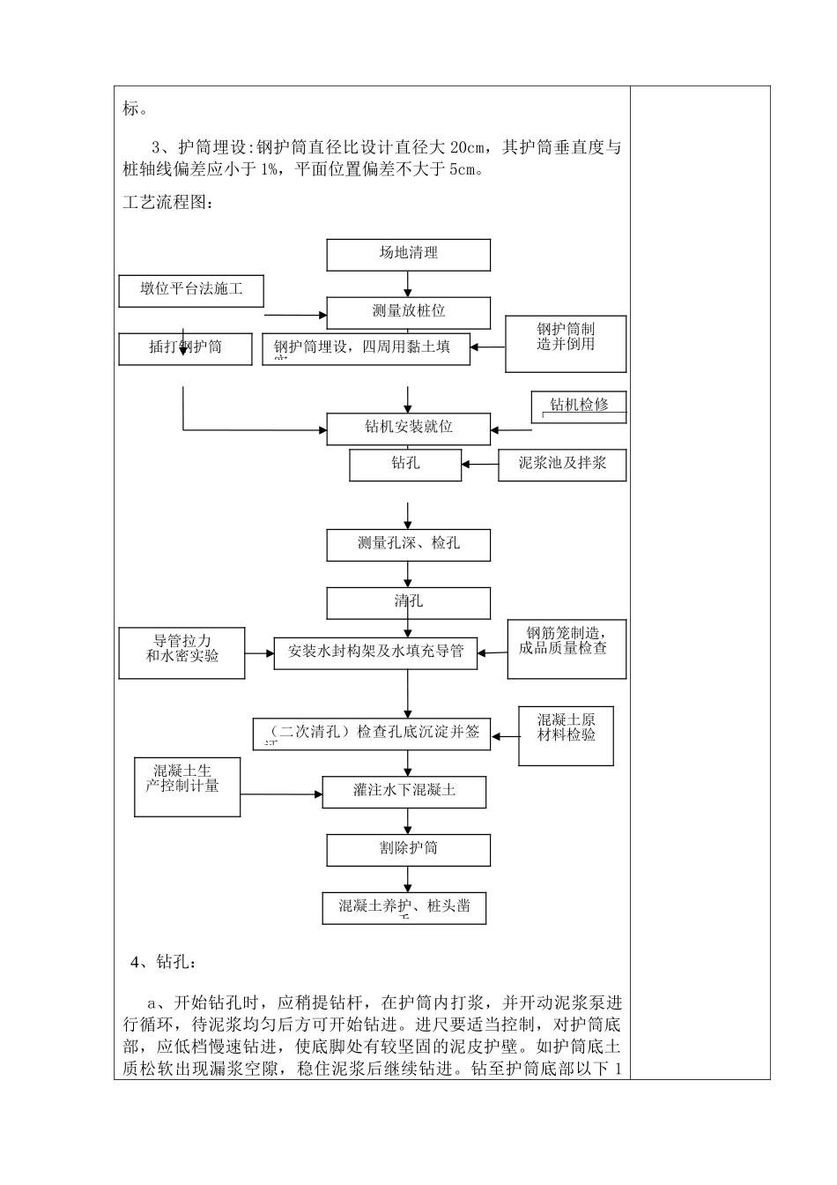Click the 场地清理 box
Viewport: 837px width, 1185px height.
[x=408, y=254]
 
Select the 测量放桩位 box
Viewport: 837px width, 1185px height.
[x=408, y=312]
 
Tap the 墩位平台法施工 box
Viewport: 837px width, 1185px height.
[x=191, y=290]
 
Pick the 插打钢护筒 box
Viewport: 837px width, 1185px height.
[x=186, y=348]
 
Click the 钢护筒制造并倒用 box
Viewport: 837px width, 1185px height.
[x=566, y=343]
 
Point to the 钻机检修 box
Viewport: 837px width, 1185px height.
[x=579, y=406]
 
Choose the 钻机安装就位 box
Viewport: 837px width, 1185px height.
[x=408, y=429]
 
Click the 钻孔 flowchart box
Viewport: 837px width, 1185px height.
[x=405, y=465]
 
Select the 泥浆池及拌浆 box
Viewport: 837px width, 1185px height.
[x=562, y=465]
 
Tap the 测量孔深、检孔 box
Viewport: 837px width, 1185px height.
[x=408, y=545]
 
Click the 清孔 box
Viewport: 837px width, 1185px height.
[x=408, y=603]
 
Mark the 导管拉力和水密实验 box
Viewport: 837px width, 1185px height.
[x=181, y=652]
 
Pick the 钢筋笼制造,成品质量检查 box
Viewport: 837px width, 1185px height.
[x=567, y=649]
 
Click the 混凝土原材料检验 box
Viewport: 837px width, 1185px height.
[x=566, y=735]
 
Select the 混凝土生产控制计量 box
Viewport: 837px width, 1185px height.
[x=187, y=786]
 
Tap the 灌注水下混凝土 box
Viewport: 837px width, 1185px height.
[x=404, y=791]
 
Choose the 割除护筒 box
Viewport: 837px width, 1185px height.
[x=408, y=850]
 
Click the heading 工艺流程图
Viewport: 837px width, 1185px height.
[x=167, y=203]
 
